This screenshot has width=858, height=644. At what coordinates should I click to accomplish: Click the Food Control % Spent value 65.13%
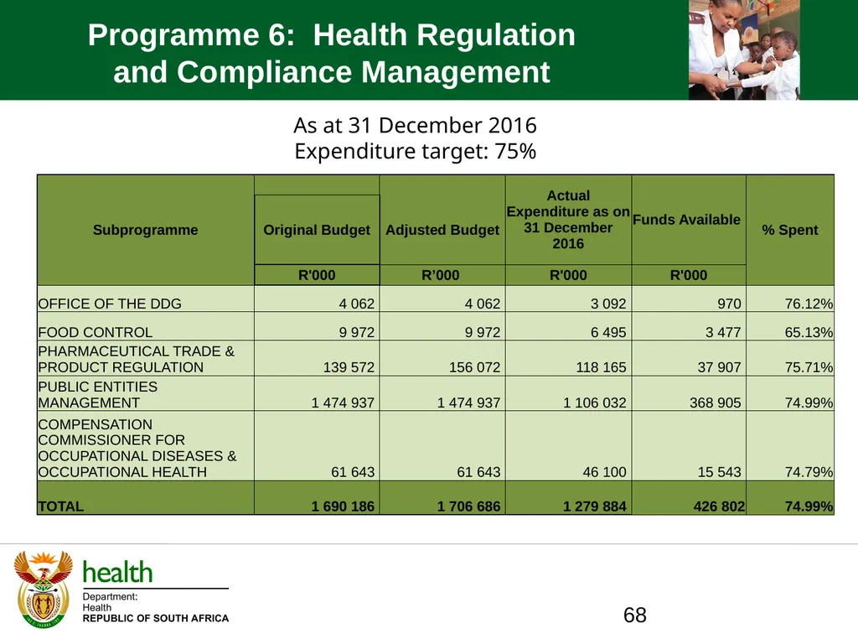(809, 332)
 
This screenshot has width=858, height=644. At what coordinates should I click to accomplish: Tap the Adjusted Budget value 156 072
(474, 367)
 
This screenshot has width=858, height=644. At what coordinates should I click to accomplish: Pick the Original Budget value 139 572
(349, 367)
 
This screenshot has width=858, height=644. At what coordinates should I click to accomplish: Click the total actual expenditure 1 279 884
(594, 506)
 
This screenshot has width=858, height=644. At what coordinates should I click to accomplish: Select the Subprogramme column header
(146, 230)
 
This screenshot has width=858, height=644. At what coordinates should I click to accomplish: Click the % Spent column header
(789, 230)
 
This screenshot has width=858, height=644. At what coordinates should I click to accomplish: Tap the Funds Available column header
(686, 220)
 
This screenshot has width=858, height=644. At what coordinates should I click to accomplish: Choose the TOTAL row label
(60, 506)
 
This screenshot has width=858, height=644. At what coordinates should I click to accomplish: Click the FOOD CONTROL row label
(96, 332)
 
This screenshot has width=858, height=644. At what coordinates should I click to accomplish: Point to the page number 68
(635, 615)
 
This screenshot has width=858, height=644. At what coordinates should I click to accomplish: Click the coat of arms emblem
(43, 589)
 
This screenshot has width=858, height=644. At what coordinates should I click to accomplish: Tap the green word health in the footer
(117, 573)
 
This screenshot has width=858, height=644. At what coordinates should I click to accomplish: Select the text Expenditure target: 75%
(416, 151)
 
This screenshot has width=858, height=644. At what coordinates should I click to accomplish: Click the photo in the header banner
(744, 49)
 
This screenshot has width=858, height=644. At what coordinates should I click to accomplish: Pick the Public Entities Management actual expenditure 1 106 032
(594, 402)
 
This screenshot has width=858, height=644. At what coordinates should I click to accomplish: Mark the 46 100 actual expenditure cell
(604, 472)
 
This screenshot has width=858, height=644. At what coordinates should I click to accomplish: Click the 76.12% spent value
(809, 304)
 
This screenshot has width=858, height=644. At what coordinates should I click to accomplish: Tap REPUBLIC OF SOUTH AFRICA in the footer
(155, 618)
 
